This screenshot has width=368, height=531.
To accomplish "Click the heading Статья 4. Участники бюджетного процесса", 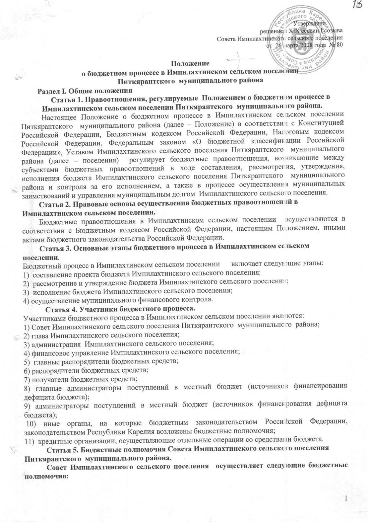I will pos(119,310).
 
